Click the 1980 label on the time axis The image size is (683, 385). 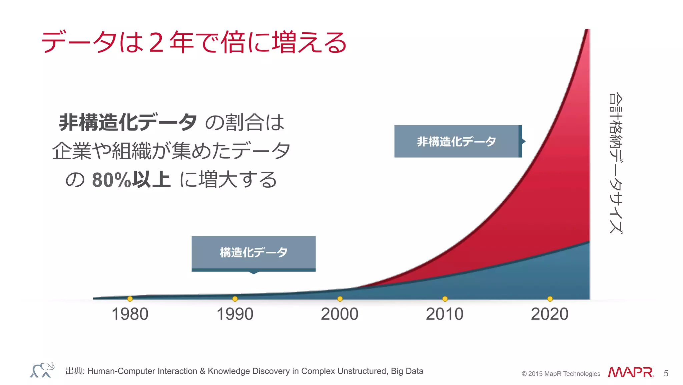(130, 314)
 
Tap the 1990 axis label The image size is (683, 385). (235, 314)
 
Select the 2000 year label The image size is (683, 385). (339, 314)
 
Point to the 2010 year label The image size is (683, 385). (445, 314)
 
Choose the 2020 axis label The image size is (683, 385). (550, 314)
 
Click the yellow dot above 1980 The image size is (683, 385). (130, 299)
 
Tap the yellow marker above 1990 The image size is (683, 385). (235, 299)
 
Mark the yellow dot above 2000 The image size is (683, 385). (340, 299)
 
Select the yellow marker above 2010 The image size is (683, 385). (445, 299)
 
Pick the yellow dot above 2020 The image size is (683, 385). (550, 299)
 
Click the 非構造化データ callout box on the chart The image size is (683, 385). (457, 141)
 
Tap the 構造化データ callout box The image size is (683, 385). (253, 252)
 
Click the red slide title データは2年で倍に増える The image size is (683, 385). (194, 42)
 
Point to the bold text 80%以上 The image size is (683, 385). (131, 180)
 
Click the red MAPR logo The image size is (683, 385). (630, 372)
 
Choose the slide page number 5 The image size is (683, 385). (666, 373)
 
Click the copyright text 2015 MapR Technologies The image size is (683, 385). (561, 374)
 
